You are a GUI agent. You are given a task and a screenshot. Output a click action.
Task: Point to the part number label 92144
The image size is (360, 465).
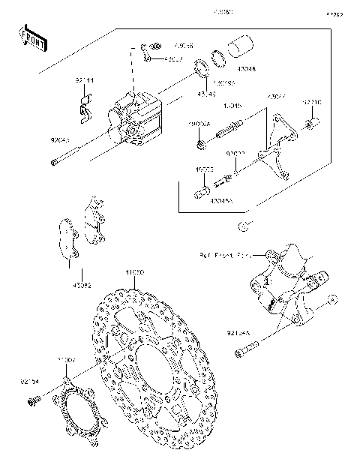[x=84, y=79]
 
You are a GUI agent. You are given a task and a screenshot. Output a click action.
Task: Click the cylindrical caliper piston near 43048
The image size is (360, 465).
[x=240, y=46]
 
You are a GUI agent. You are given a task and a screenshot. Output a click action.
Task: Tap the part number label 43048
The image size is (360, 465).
[x=245, y=68]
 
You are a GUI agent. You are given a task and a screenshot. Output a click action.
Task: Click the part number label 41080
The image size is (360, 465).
[x=133, y=271]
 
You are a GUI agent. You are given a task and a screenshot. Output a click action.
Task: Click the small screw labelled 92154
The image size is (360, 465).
[x=31, y=403]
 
